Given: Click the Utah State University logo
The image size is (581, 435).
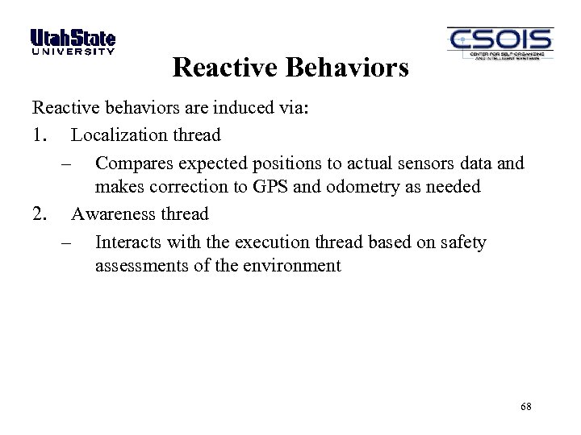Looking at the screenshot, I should point(73,42).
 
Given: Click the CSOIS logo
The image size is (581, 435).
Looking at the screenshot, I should point(499,43).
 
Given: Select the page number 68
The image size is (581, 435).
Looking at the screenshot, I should point(526,407).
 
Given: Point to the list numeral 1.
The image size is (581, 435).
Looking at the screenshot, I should point(40,135).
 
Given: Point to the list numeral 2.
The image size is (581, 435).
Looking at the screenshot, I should point(40,214).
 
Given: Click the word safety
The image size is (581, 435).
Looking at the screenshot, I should point(462,242).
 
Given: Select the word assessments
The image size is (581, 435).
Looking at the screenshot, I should point(140,266).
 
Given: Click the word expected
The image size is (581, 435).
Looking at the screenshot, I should point(213,164).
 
